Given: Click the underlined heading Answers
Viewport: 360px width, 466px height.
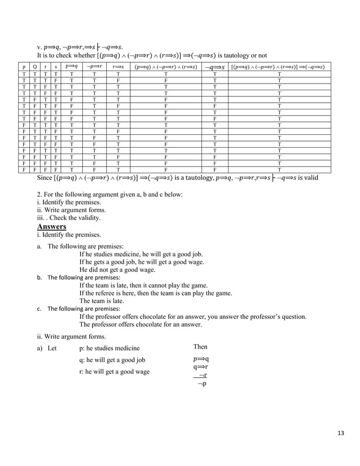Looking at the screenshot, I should pyautogui.click(x=51, y=227).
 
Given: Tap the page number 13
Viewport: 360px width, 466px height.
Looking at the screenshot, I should pyautogui.click(x=341, y=433).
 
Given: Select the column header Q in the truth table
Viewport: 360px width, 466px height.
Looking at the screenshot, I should pyautogui.click(x=35, y=67).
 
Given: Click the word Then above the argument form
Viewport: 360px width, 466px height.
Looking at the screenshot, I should pyautogui.click(x=200, y=347).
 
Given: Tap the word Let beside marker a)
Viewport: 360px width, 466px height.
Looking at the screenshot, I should pyautogui.click(x=52, y=348).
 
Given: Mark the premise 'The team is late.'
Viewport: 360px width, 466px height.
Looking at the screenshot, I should pyautogui.click(x=102, y=301).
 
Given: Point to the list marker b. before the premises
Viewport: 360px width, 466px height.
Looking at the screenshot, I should pyautogui.click(x=39, y=278).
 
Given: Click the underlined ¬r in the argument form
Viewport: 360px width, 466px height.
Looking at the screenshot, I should pyautogui.click(x=201, y=375).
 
